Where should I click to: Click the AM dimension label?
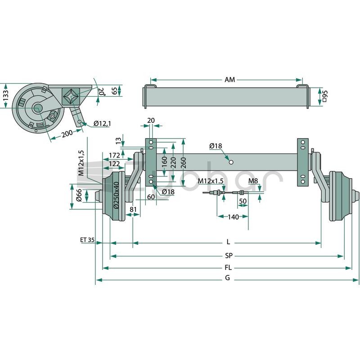(x=229, y=80)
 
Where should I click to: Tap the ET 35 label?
(x=87, y=240)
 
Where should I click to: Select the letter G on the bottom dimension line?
(x=227, y=278)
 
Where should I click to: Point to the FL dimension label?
(x=228, y=268)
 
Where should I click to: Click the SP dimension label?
(x=229, y=256)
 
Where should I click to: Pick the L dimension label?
(x=228, y=242)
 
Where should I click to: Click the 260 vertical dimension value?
(x=184, y=162)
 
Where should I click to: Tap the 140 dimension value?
(x=233, y=217)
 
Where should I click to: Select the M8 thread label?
(x=253, y=181)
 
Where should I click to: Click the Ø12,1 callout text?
(x=102, y=123)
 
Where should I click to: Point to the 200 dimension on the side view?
(x=67, y=133)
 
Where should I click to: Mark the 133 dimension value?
(x=5, y=95)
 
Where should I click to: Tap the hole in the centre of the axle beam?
(x=231, y=162)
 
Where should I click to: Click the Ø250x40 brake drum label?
(x=116, y=195)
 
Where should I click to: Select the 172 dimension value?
(x=114, y=155)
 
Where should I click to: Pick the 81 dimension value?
(x=133, y=209)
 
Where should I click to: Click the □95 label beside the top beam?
(x=324, y=96)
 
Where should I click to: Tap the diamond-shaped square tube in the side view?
(x=71, y=96)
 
